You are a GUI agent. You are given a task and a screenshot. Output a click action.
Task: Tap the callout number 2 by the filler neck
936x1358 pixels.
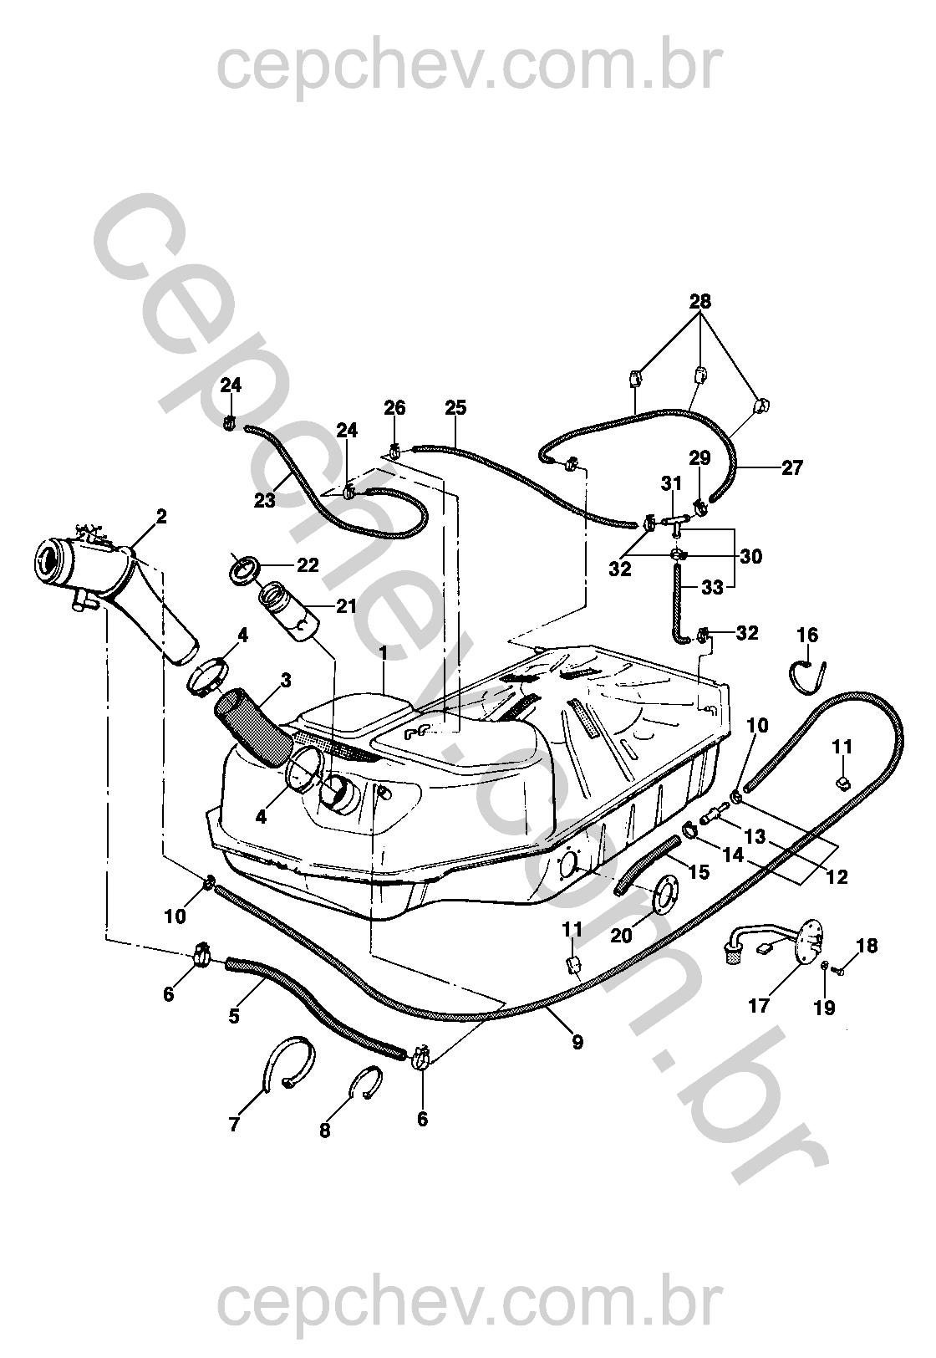click(161, 516)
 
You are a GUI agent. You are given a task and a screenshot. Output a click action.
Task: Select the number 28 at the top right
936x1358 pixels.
click(700, 302)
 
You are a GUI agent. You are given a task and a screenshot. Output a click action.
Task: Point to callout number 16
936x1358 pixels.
click(807, 635)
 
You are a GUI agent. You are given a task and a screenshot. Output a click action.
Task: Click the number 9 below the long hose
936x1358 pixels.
click(577, 1042)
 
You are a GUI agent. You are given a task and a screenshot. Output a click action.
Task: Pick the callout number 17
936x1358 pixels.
click(758, 1004)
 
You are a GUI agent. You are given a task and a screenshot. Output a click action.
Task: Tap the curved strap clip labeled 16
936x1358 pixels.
click(809, 675)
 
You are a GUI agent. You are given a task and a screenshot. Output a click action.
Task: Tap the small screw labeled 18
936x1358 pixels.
click(841, 970)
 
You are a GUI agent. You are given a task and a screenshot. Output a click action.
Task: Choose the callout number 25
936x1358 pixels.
click(455, 408)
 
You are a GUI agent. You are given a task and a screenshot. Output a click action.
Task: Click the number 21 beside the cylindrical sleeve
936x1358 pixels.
click(346, 605)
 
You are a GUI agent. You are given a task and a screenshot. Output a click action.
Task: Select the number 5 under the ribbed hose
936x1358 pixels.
click(234, 1016)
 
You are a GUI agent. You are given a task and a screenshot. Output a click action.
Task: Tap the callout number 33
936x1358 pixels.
click(712, 587)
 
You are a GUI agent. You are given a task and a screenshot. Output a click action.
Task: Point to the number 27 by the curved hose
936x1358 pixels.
click(791, 467)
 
